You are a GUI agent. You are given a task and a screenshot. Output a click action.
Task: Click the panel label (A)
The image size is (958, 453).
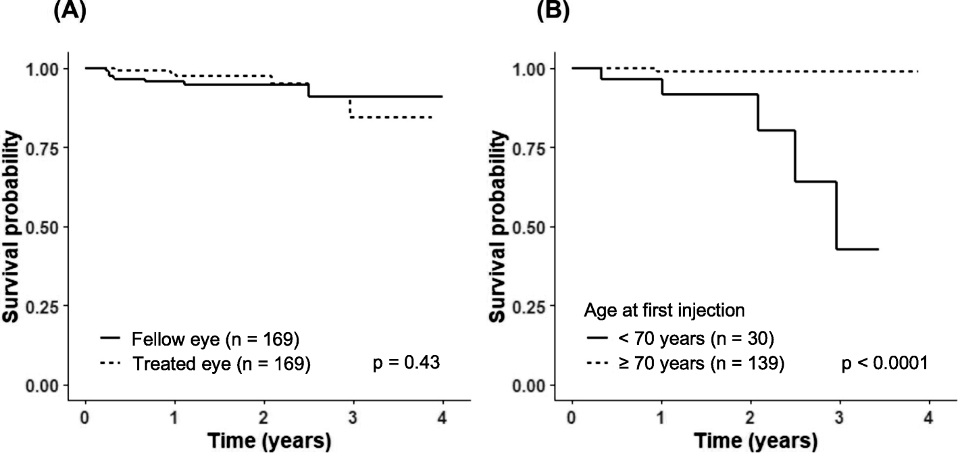click(x=70, y=11)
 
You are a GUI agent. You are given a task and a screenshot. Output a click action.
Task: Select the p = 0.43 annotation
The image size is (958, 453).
click(x=407, y=363)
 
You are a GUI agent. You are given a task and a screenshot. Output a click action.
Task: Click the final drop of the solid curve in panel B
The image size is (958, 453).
click(x=837, y=225)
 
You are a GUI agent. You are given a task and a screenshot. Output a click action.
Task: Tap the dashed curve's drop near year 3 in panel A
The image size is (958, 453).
click(x=350, y=108)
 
